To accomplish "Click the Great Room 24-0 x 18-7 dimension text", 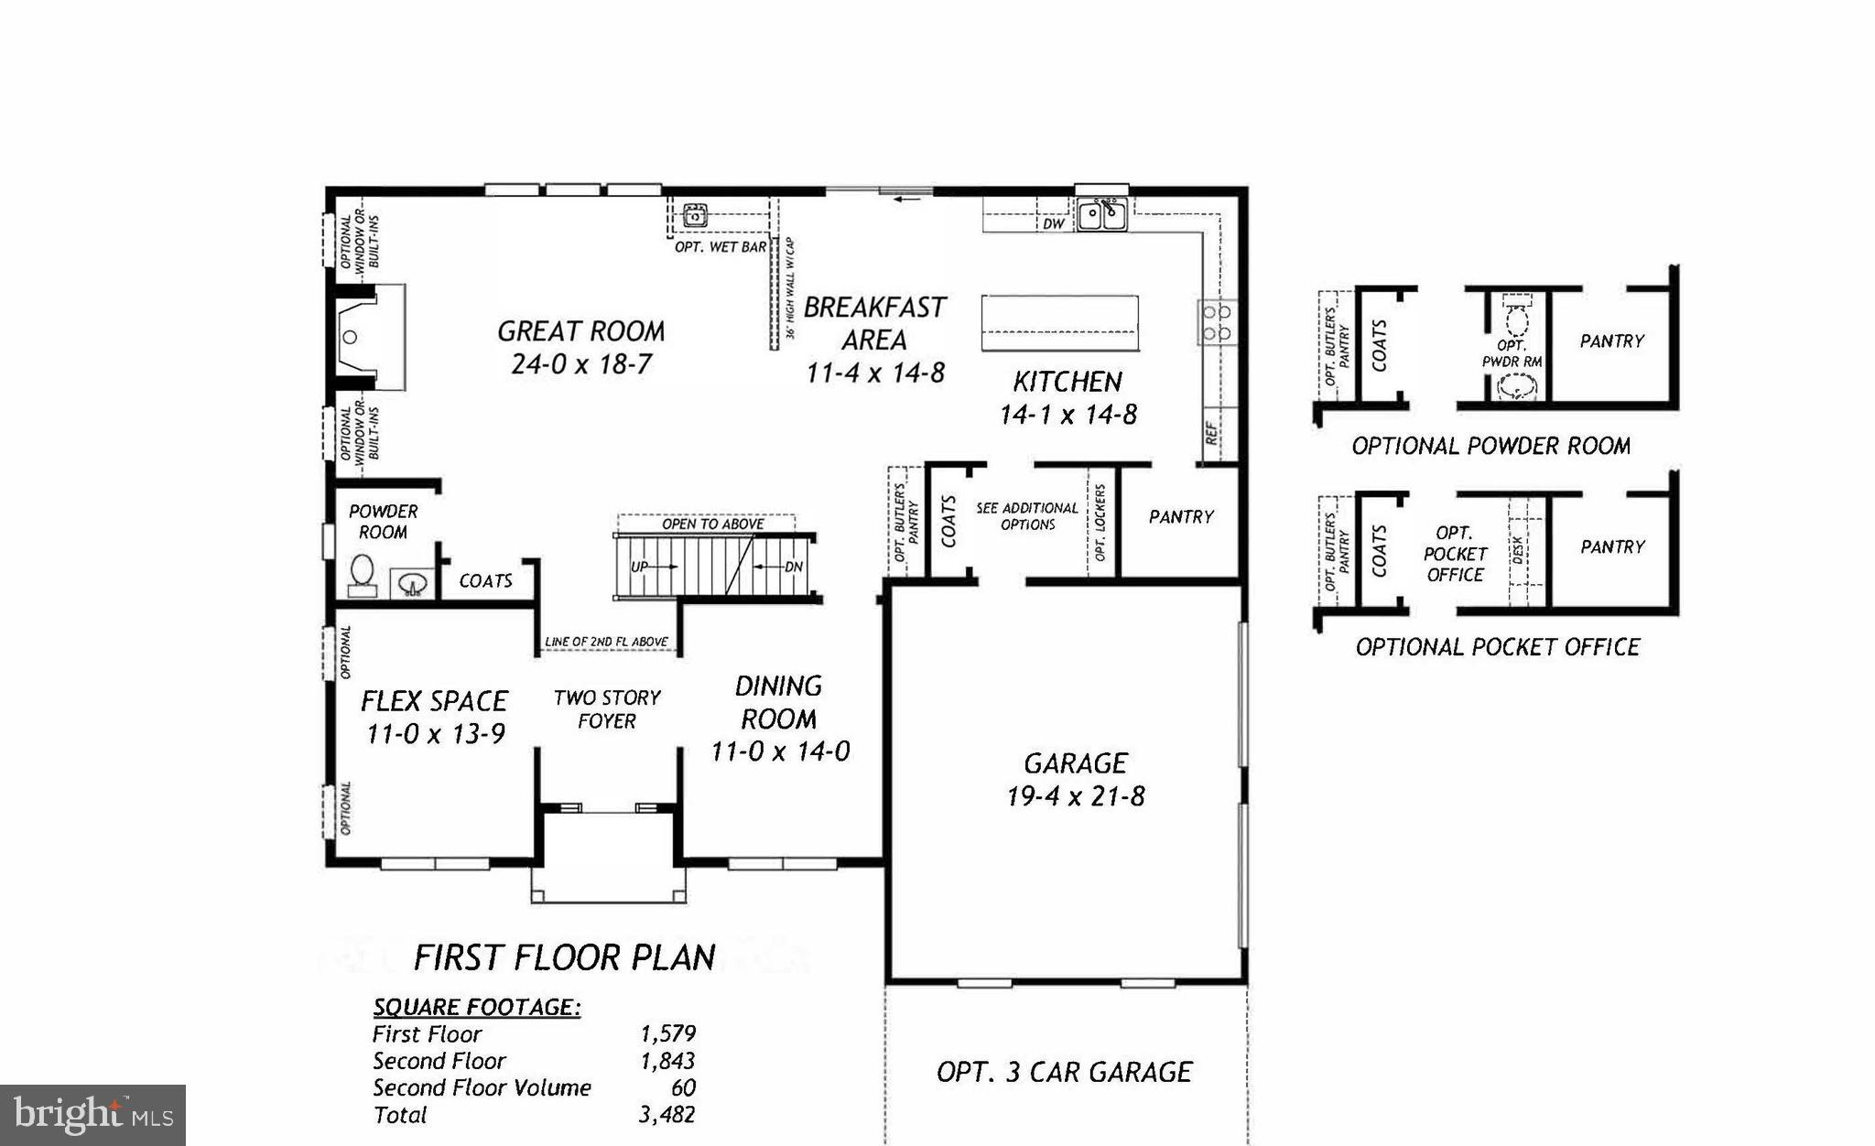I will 580,364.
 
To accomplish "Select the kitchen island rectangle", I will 1059,322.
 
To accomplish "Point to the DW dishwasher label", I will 1054,223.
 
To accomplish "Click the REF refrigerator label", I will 1212,432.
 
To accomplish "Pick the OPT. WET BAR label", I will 721,247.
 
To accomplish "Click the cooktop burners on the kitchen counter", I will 1217,322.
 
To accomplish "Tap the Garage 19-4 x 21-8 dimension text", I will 1075,795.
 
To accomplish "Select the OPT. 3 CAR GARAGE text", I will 1064,1072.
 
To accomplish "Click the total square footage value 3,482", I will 667,1115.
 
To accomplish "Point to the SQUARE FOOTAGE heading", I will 476,1007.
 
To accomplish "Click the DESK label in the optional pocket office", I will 1518,550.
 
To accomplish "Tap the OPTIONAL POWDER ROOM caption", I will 1490,446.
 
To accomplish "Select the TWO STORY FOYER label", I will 606,709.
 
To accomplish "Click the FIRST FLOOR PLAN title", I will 564,957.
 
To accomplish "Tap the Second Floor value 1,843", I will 667,1061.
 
